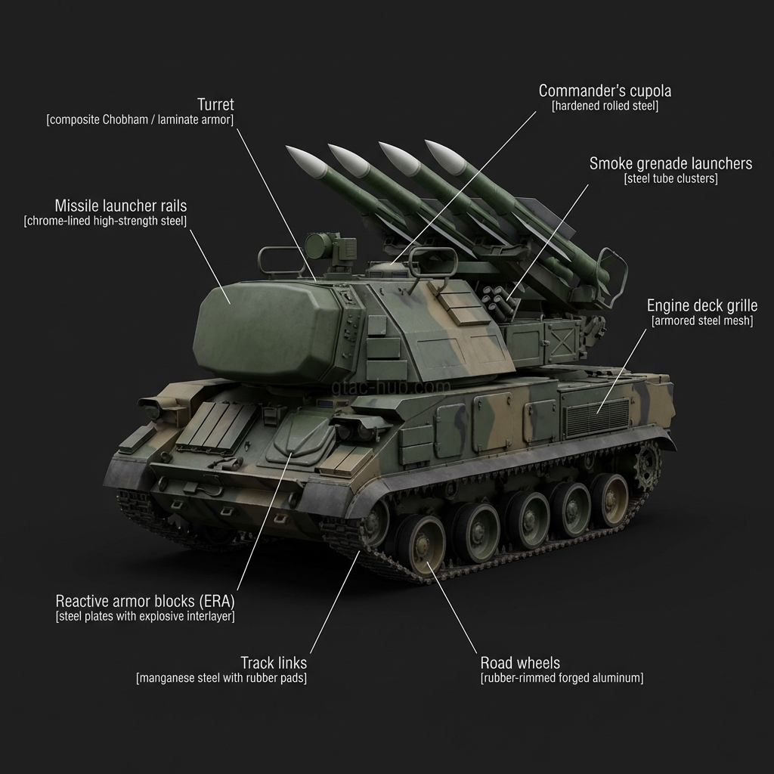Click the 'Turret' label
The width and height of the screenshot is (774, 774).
215,104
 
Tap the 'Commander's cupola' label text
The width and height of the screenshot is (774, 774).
605,91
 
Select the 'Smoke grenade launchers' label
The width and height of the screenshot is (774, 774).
670,163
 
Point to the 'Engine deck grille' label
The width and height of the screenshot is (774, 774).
702,306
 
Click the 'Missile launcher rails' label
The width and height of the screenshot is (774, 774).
121,206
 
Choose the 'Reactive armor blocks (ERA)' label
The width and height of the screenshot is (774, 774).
145,602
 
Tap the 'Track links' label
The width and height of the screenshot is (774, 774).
274,663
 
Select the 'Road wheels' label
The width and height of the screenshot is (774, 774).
520,663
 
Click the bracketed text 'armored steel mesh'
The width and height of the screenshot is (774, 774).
702,322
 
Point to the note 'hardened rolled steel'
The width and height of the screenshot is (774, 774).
605,107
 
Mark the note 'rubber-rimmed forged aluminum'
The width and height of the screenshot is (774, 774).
562,678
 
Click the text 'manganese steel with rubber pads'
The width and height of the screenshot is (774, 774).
221,678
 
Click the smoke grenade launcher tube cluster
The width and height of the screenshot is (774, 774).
498,298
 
